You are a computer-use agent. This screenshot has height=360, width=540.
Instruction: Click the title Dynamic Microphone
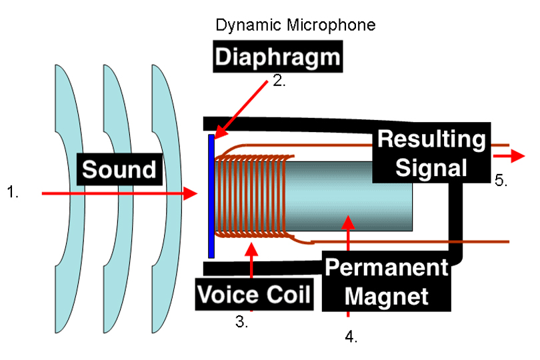pos(295,26)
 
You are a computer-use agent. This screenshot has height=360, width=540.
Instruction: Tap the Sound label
pos(120,169)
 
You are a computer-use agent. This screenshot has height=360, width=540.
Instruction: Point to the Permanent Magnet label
pos(386,281)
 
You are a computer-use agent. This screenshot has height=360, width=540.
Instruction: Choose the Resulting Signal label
pos(431,153)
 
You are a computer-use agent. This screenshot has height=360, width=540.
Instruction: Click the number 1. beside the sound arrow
pos(13,193)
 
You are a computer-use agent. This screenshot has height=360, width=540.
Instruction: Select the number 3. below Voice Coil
pos(241,322)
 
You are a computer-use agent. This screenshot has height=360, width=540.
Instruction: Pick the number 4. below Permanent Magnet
pos(351,337)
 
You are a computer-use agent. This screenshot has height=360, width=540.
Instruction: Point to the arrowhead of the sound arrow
pos(191,193)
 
